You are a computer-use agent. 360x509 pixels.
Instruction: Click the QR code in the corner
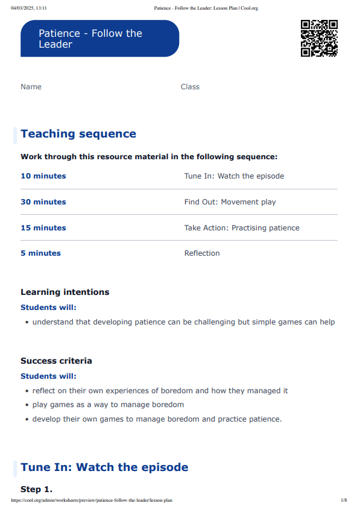(318, 38)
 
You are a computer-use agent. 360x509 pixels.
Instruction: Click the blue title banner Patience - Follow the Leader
(99, 39)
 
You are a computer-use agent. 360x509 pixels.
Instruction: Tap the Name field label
(31, 87)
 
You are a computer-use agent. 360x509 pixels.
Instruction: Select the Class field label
(190, 87)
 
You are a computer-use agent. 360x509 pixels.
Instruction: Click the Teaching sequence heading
(78, 134)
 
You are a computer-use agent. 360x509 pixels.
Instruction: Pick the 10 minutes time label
(43, 176)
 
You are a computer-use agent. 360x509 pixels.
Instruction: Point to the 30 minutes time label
(43, 202)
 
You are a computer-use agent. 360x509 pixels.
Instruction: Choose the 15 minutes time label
(43, 228)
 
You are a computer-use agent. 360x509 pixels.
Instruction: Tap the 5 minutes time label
(40, 253)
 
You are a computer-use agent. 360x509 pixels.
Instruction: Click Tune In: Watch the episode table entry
(234, 176)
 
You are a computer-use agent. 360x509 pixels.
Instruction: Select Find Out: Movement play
(230, 202)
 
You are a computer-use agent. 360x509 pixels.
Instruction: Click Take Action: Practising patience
(242, 228)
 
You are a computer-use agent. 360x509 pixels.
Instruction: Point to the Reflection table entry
(202, 253)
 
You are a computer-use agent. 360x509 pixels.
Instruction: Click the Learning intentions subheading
(65, 292)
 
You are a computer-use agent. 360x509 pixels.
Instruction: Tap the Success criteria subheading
(56, 361)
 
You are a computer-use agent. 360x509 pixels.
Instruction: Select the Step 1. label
(36, 490)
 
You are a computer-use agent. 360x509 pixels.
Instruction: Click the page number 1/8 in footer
(344, 501)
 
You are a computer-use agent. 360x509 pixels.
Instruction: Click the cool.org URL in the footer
(92, 501)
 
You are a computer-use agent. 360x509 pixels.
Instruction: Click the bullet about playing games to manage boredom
(108, 405)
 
